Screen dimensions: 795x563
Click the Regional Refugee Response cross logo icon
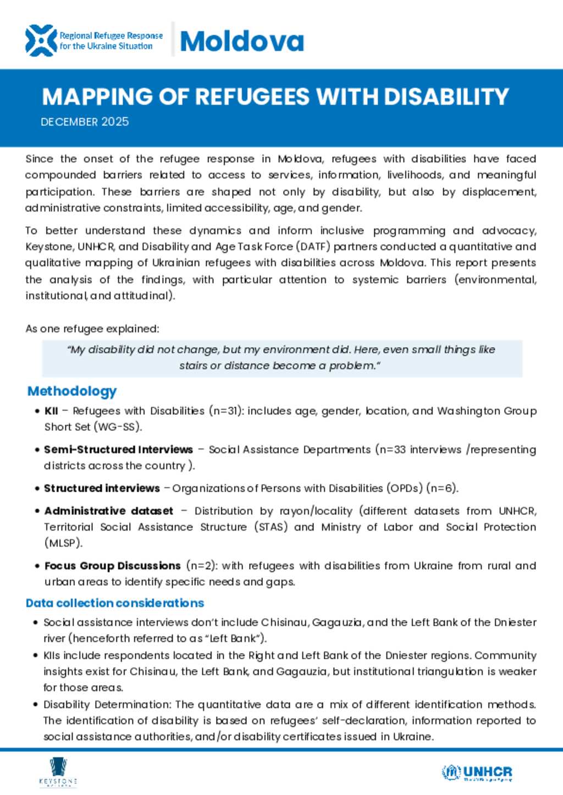coord(41,41)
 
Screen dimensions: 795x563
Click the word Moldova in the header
coord(242,41)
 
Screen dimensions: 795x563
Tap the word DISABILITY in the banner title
coord(446,97)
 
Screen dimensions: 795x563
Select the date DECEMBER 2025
coord(85,121)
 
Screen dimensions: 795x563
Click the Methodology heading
coord(72,391)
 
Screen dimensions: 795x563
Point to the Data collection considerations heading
coord(115,603)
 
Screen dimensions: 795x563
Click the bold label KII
coord(51,411)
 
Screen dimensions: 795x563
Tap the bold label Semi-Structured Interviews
coord(118,449)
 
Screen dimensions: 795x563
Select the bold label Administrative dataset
coord(108,511)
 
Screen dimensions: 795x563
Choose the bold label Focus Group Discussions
coord(112,566)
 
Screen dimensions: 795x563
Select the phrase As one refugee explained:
coord(92,329)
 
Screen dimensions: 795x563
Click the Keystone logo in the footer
coord(58,772)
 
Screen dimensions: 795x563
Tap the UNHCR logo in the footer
coord(477,772)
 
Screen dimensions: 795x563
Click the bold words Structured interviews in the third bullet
coord(102,488)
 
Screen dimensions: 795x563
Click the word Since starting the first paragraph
coord(39,159)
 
